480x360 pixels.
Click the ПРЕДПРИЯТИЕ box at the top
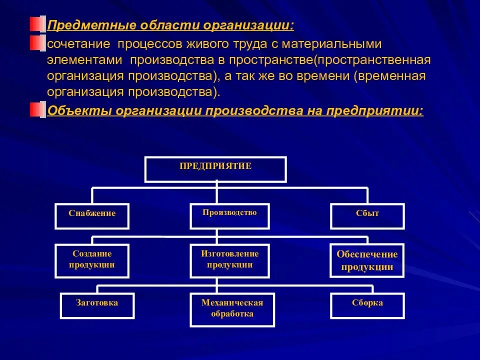click(x=215, y=169)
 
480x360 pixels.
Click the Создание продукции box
click(x=92, y=260)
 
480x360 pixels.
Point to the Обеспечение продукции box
click(x=367, y=260)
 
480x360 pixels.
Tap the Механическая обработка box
click(x=232, y=308)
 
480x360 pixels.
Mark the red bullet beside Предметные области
click(x=36, y=24)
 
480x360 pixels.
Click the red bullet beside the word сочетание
click(x=36, y=43)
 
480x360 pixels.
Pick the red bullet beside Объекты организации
click(x=36, y=110)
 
